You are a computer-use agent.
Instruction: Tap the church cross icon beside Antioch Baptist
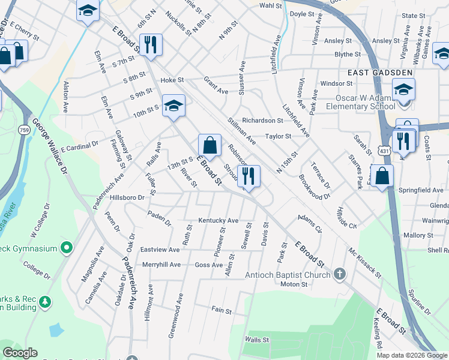(340, 275)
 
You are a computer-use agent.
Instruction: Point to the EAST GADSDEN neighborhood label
(379, 73)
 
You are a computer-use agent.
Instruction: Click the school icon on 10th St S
(173, 106)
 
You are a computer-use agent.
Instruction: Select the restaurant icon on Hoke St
(149, 44)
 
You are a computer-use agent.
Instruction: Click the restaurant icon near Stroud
(249, 176)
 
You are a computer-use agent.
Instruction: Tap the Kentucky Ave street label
(218, 221)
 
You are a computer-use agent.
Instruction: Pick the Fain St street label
(221, 310)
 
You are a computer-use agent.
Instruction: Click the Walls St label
(256, 340)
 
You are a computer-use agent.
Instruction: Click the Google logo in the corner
(20, 353)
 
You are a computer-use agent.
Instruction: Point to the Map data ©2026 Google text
(412, 355)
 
